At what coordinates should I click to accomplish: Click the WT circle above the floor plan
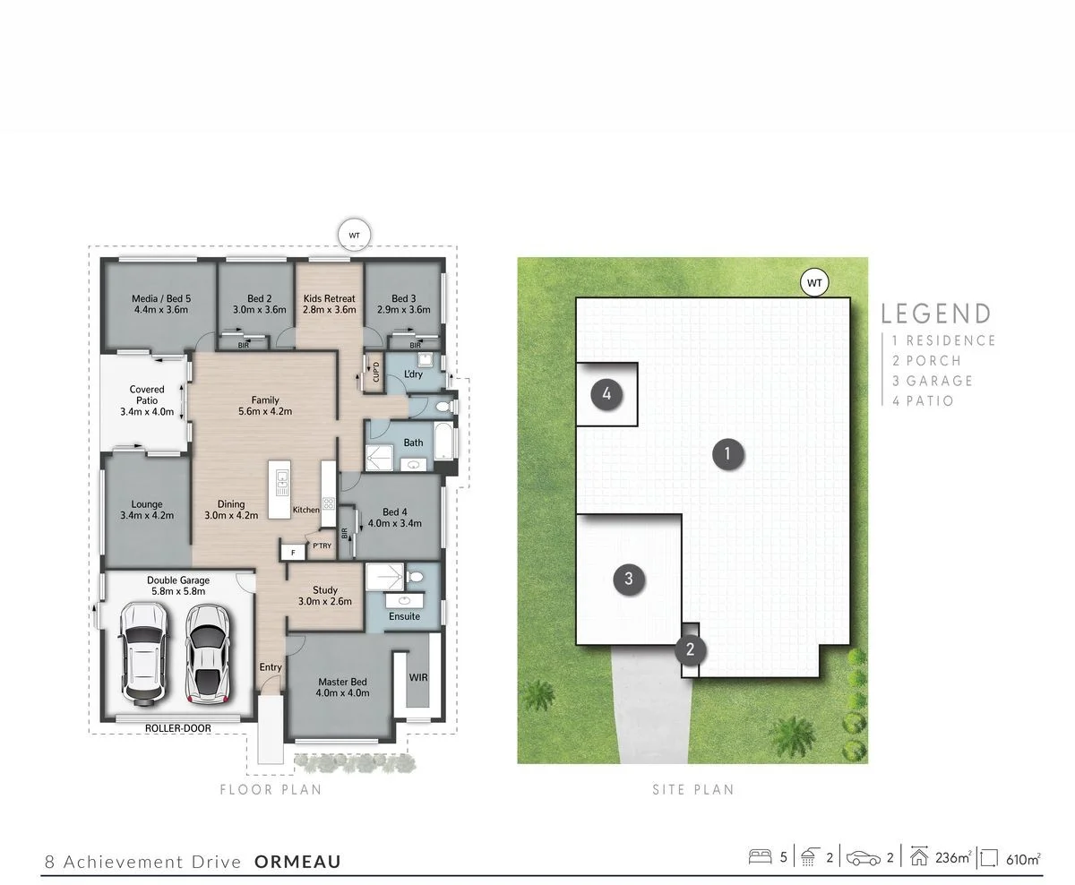tap(354, 235)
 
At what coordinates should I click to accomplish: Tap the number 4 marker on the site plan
tap(606, 393)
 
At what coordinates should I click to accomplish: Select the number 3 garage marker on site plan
tap(628, 579)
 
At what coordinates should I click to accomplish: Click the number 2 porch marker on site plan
tap(690, 649)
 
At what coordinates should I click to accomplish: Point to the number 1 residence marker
tap(727, 454)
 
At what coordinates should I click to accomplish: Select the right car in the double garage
tap(205, 653)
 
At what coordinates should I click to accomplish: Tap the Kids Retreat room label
tap(329, 304)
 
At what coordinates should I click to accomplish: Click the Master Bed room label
tap(343, 687)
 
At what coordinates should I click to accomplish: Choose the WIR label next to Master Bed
tap(418, 677)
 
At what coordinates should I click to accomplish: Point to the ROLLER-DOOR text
tap(178, 728)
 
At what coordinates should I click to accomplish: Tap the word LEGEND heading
tap(936, 314)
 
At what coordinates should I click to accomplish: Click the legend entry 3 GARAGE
tap(932, 381)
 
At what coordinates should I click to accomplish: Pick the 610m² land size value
tap(1021, 858)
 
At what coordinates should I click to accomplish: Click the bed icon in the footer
tap(760, 857)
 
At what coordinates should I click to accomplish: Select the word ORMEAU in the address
tap(297, 862)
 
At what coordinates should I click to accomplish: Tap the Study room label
tap(324, 596)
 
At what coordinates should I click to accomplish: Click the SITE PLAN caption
tap(692, 789)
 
